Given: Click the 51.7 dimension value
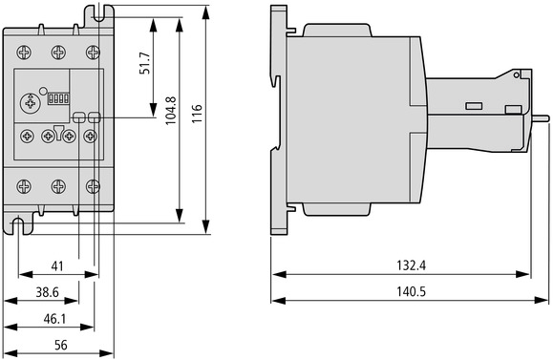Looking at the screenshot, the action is [x=145, y=63].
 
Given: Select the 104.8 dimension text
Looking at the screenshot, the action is [x=171, y=111].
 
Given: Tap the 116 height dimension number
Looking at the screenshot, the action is [x=197, y=114].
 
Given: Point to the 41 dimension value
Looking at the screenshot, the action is [x=57, y=266].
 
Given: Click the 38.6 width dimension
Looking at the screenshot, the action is [x=48, y=292].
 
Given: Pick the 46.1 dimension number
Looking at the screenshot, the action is [x=54, y=319].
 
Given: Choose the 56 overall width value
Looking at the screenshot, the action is [x=61, y=345].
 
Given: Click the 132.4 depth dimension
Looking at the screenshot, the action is [x=412, y=265].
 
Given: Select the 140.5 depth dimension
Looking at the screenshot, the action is [x=412, y=292].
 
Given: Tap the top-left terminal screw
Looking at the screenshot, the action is [x=24, y=53].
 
